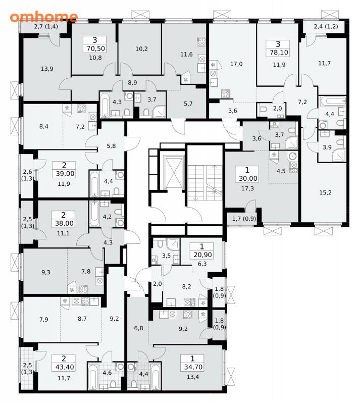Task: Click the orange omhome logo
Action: coord(44,17)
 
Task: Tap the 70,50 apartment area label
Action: coord(95,48)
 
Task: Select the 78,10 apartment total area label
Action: coord(279,53)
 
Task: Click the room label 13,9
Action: coord(47,69)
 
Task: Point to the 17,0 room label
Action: coord(236,64)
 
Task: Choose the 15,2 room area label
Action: coord(325,192)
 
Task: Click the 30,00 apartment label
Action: coord(247,178)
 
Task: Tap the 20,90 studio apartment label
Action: coord(202,255)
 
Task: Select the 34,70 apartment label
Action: coord(193,367)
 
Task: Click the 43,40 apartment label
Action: coord(65,367)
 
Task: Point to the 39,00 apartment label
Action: coord(65,173)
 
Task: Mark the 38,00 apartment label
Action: coord(64,223)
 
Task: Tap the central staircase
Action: coord(205,182)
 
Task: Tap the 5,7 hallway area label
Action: coord(188,104)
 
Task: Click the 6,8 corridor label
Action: coord(138,328)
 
